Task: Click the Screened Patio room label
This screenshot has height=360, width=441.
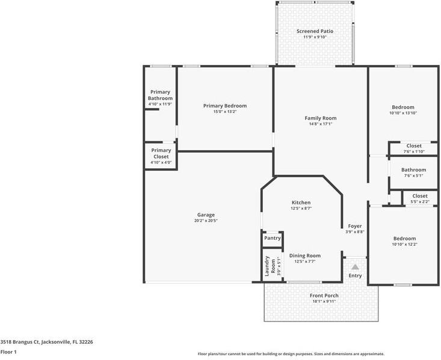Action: (x=315, y=31)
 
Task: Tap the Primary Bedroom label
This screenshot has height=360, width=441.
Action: (x=225, y=106)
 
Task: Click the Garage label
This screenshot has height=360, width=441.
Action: (x=206, y=215)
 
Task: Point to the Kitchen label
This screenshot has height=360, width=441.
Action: (x=301, y=203)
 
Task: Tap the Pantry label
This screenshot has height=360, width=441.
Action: (x=273, y=238)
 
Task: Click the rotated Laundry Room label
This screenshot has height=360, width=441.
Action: (x=270, y=266)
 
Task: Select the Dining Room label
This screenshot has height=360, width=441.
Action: (x=305, y=256)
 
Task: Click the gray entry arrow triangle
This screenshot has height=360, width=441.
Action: (x=355, y=267)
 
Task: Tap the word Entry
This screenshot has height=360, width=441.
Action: (x=355, y=276)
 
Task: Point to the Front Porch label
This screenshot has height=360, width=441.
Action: (x=324, y=296)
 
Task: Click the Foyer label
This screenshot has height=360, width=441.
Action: (x=355, y=226)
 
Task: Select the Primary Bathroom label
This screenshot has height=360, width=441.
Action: (x=160, y=95)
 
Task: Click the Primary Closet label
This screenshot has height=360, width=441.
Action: (x=161, y=153)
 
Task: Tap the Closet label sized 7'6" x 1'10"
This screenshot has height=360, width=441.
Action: (x=414, y=146)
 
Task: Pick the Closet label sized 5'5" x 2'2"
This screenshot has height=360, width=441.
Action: (x=420, y=196)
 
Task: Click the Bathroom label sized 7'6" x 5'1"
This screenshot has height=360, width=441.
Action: (x=414, y=169)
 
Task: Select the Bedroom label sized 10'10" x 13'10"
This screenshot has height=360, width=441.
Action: (x=403, y=107)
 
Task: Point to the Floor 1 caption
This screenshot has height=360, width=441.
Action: (x=8, y=352)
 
